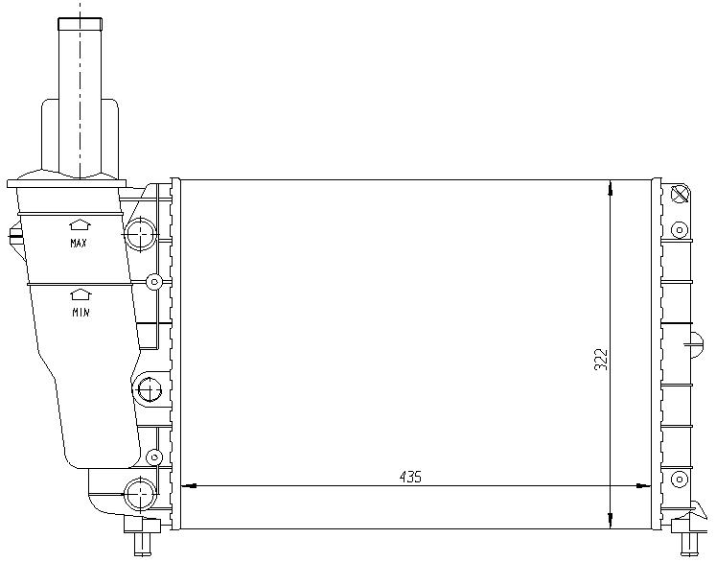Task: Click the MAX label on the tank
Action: click(79, 244)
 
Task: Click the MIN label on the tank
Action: click(81, 313)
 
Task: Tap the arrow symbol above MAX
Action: click(79, 225)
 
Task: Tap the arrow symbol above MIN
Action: click(81, 295)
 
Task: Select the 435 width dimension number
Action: click(410, 477)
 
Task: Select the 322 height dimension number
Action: click(601, 359)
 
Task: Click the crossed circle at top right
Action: click(681, 195)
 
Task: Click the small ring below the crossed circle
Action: click(680, 229)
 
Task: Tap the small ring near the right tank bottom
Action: click(680, 480)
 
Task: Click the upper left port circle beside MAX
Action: click(142, 232)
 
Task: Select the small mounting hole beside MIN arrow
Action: click(152, 282)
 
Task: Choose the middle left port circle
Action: click(147, 389)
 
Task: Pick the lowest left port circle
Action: click(140, 495)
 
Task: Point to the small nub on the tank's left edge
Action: click(12, 233)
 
